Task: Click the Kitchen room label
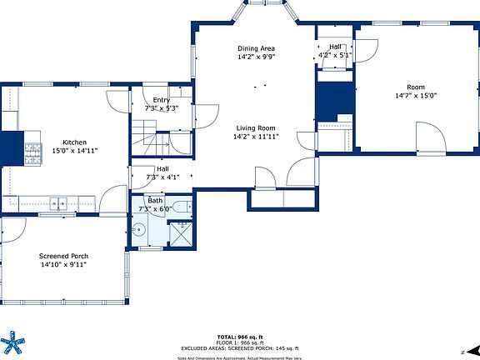[x=70, y=142]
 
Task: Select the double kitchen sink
[x=58, y=202]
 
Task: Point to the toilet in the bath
[x=182, y=205]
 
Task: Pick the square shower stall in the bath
[x=180, y=233]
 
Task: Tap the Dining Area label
[x=257, y=49]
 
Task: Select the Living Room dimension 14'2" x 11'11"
[x=257, y=137]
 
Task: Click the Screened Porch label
[x=63, y=256]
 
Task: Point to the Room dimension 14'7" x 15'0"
[x=415, y=96]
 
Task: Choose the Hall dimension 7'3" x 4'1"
[x=162, y=177]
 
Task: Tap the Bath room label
[x=156, y=200]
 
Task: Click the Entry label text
[x=161, y=100]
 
